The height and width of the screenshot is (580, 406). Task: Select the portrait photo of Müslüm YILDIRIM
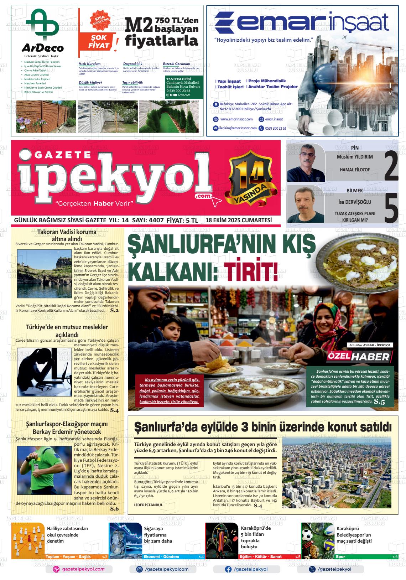306,163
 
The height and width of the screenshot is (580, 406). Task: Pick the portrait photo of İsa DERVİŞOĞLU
306,205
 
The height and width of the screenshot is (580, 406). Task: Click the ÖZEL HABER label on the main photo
360,357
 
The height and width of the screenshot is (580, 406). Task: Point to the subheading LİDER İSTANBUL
149,505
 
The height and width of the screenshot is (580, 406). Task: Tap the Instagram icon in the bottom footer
140,569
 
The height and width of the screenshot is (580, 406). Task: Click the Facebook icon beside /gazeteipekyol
228,569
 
